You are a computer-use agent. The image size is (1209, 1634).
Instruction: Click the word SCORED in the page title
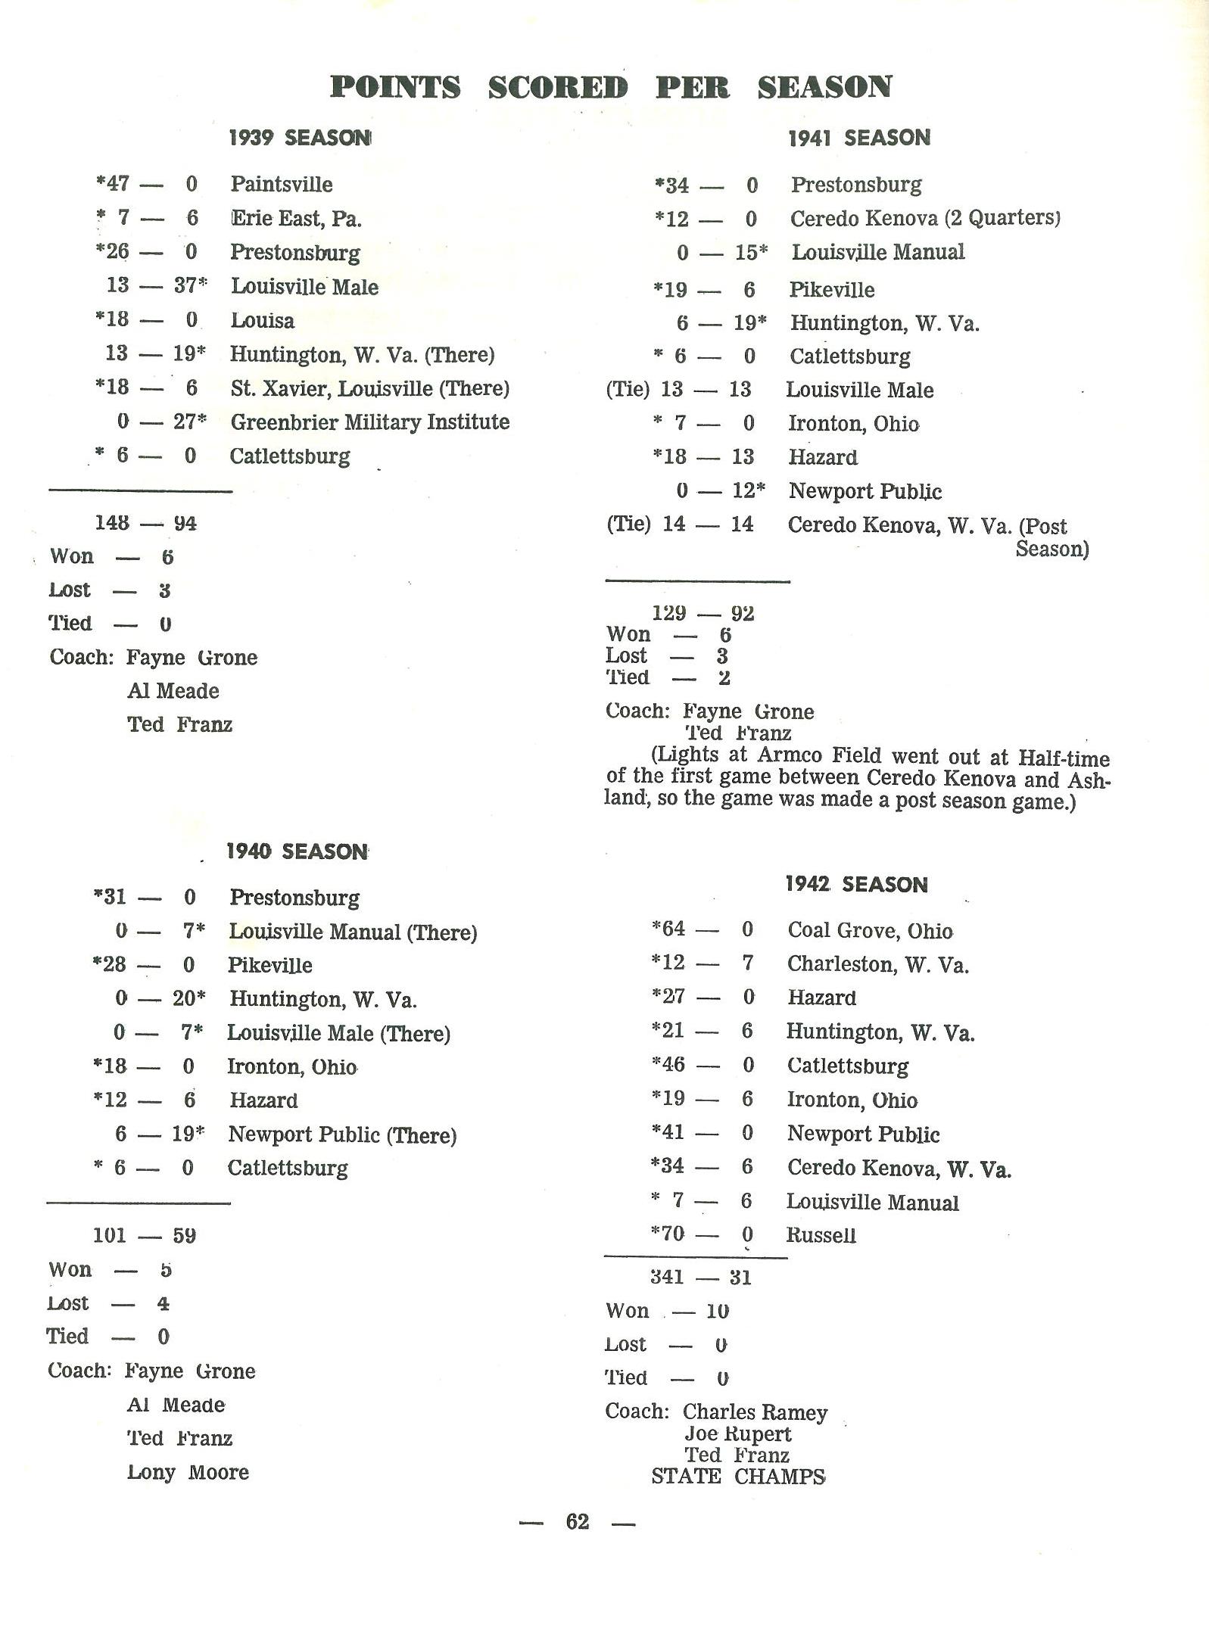[557, 88]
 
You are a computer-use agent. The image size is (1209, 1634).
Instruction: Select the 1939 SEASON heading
[300, 138]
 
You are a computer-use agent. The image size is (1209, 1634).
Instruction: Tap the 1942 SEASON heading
[856, 884]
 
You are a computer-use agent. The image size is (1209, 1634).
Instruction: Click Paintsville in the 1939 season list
[282, 184]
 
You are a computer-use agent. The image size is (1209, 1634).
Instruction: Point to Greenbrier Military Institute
[369, 422]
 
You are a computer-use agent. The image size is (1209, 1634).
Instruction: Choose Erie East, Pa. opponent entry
[296, 219]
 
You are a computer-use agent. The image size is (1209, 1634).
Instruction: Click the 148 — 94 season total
[145, 523]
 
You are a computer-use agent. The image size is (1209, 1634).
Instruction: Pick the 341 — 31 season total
[700, 1278]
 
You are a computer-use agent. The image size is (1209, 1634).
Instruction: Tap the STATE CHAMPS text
[738, 1477]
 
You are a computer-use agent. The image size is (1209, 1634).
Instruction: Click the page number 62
[577, 1521]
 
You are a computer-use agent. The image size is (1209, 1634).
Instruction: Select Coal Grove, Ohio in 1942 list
[870, 930]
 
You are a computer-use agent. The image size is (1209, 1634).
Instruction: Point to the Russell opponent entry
[821, 1235]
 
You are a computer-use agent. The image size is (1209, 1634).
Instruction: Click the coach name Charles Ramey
[755, 1412]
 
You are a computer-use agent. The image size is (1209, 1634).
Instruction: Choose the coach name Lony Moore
[188, 1473]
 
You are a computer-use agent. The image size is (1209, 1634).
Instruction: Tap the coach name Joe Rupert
[738, 1434]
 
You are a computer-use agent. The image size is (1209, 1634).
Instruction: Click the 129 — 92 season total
[703, 613]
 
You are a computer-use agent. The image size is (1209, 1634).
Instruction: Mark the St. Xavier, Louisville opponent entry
[369, 388]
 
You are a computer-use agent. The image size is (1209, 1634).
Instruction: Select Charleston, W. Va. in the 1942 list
[877, 964]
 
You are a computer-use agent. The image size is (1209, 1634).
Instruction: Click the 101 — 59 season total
[144, 1236]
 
